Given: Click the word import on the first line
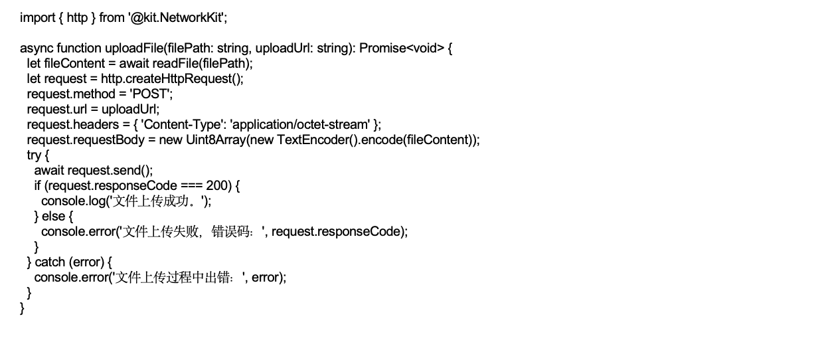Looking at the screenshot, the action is [37, 18].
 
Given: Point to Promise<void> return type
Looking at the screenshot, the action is [402, 48].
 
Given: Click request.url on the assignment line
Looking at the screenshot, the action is [57, 110].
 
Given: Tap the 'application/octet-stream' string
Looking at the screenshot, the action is [300, 125].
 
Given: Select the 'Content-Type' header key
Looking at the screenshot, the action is [181, 125].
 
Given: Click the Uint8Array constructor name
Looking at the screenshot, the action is [216, 140].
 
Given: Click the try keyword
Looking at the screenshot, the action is [34, 155].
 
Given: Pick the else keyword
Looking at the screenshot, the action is [54, 216].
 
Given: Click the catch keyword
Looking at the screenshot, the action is [50, 262].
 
